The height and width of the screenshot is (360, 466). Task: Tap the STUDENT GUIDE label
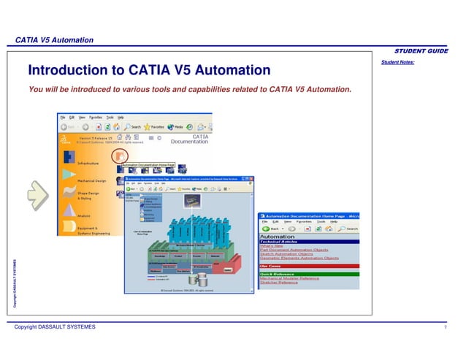pos(421,50)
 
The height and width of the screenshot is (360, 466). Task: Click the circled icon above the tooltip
pos(120,156)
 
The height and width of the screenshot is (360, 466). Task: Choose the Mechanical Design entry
pos(92,180)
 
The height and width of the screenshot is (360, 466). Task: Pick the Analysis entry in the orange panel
pos(85,215)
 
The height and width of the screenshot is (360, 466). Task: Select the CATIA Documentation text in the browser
pos(189,139)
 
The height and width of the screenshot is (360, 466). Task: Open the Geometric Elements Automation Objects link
pos(299,258)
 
